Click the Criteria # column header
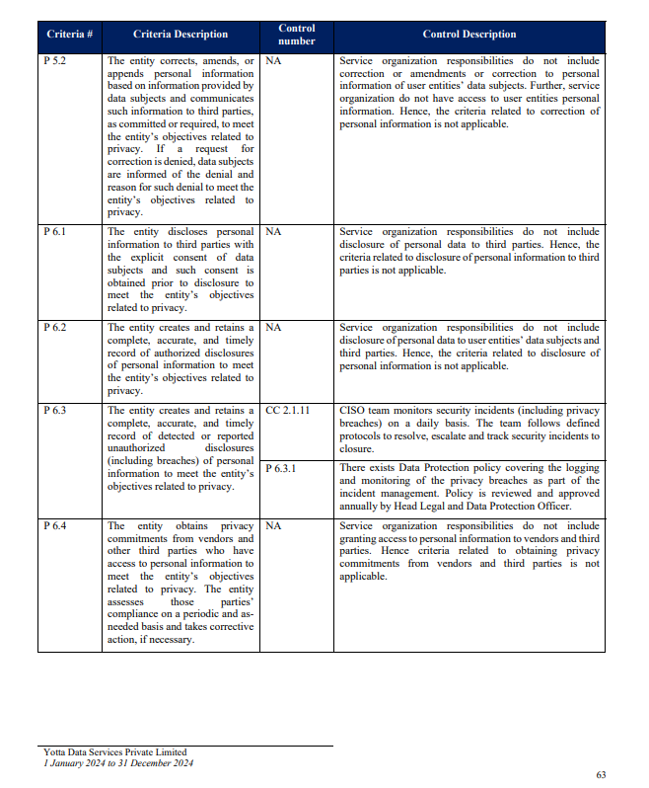(x=70, y=35)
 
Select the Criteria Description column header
(x=180, y=35)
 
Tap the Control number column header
(x=297, y=35)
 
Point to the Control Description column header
(x=469, y=35)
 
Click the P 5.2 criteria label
(x=54, y=61)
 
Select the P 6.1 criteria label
(x=54, y=231)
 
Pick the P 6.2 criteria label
(x=54, y=327)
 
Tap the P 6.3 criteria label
(x=54, y=410)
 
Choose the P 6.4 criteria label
(x=54, y=526)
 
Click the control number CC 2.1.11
(x=288, y=410)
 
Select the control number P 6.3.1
(x=281, y=468)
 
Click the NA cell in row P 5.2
(x=274, y=61)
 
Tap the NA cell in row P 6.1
(x=274, y=231)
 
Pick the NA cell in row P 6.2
(x=274, y=327)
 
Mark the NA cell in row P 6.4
(x=274, y=526)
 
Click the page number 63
(x=602, y=774)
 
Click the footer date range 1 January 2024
(x=80, y=762)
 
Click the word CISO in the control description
(x=352, y=410)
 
